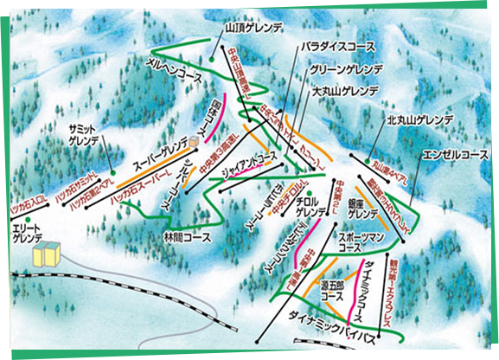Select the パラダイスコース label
click(338, 44)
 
